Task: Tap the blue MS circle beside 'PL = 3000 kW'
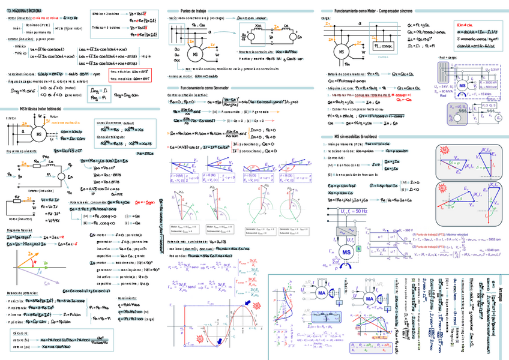point(462,86)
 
